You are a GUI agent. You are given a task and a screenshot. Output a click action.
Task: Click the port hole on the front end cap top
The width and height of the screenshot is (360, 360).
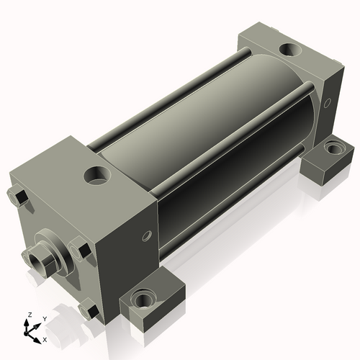click(x=97, y=175)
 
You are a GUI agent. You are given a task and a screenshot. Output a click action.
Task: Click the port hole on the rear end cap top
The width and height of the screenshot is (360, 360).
click(x=290, y=50)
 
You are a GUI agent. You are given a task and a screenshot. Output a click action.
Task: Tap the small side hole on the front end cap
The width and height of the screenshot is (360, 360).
click(x=147, y=236)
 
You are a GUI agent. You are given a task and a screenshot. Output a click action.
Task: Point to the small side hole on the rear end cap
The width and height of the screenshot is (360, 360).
click(x=327, y=103)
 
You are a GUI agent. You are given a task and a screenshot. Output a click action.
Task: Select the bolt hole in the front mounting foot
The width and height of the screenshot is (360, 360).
click(x=143, y=298)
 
